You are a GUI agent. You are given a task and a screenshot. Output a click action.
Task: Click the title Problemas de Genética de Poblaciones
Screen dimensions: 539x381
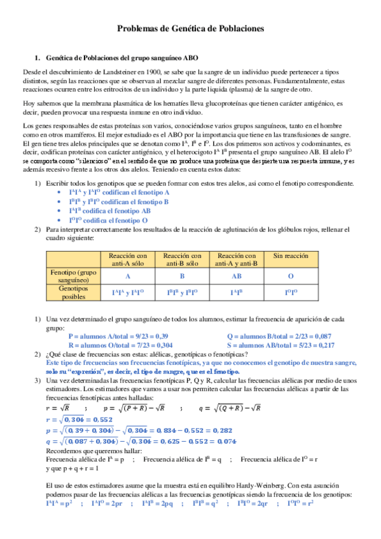pos(190,29)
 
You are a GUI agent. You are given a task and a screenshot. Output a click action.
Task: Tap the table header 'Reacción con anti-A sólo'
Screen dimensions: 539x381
pos(127,259)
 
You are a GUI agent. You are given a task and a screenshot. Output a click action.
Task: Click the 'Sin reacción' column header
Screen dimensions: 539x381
pos(290,256)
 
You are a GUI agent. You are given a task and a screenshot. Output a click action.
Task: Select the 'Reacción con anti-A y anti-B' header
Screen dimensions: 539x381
pos(236,259)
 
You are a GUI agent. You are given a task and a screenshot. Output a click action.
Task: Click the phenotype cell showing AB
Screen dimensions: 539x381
pos(236,276)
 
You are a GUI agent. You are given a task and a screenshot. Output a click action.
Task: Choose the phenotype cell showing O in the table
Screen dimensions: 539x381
pos(290,276)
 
